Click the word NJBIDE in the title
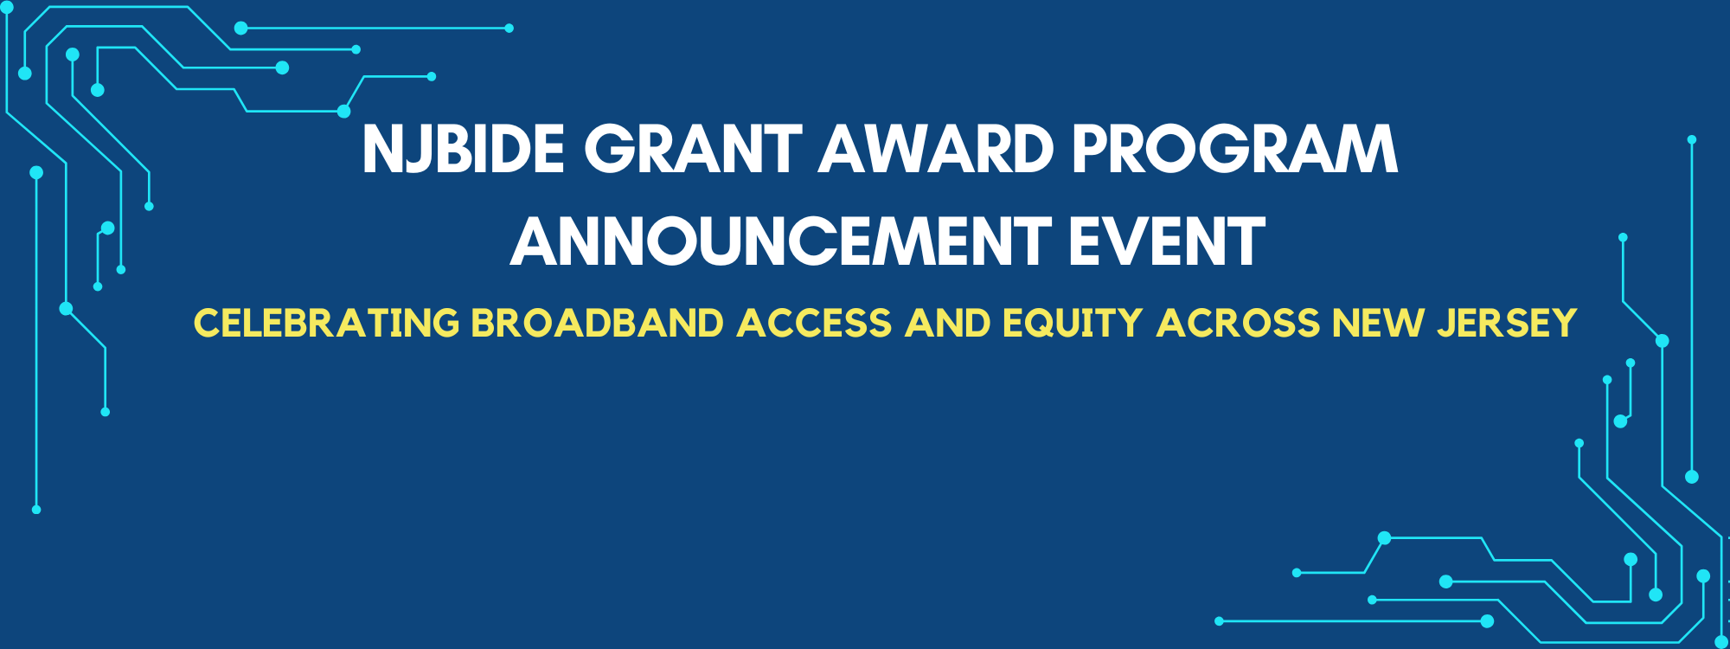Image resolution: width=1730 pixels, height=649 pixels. [x=464, y=149]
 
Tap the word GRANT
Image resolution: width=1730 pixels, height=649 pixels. [x=694, y=149]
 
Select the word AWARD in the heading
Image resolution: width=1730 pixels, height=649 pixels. [x=937, y=149]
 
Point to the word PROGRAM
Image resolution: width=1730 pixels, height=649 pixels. [x=1235, y=149]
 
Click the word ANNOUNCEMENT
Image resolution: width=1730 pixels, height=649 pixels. [x=781, y=241]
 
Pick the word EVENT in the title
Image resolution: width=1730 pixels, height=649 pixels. [x=1167, y=241]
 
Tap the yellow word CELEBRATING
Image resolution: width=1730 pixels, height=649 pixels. [x=327, y=323]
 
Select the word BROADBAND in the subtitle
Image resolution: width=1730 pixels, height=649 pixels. [x=598, y=323]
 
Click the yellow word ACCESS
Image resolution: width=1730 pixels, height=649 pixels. [x=814, y=323]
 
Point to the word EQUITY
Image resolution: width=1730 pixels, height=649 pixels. [x=1073, y=323]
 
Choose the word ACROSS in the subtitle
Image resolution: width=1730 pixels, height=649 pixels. [x=1239, y=323]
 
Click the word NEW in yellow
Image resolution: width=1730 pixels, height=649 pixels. [x=1378, y=323]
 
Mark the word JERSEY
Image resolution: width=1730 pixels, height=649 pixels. [x=1508, y=323]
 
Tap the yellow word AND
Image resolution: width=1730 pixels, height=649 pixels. [x=948, y=323]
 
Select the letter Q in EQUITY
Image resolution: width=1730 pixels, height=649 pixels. [x=1045, y=324]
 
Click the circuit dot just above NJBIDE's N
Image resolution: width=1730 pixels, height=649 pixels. [x=343, y=111]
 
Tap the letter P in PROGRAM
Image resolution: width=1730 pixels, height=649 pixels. [x=1092, y=149]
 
